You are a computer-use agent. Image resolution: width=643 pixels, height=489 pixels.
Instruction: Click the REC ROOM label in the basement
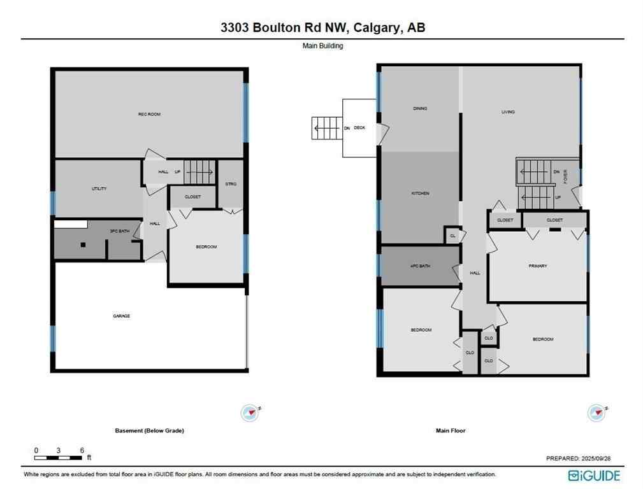pos(149,115)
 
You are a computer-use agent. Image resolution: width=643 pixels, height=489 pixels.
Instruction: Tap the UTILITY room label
pos(99,189)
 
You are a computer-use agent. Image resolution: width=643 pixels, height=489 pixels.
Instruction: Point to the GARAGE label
pos(122,316)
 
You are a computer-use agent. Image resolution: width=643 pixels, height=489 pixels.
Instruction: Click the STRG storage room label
pos(231,184)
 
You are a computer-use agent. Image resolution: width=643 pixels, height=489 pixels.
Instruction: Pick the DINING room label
pos(419,109)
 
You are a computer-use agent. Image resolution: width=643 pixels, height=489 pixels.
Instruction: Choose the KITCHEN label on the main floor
pos(419,194)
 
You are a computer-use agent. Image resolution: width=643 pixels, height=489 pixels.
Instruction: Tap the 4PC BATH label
pos(420,266)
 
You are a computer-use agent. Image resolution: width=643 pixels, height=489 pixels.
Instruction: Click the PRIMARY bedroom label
pos(537,266)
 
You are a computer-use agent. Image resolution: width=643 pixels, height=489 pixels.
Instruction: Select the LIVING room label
pos(508,112)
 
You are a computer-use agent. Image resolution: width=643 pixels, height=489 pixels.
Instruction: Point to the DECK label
pos(359,128)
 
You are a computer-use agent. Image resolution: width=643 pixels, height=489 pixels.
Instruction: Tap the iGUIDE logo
pos(594,475)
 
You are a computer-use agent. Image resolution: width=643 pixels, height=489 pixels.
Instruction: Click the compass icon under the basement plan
pos(249,413)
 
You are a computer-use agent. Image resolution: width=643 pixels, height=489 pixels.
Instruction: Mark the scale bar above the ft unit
pos(59,458)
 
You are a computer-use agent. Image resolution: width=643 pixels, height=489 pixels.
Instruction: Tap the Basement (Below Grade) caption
pos(149,431)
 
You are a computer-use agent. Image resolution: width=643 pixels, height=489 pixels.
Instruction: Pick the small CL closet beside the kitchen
pos(452,236)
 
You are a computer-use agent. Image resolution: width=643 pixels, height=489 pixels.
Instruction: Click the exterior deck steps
pos(326,128)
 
